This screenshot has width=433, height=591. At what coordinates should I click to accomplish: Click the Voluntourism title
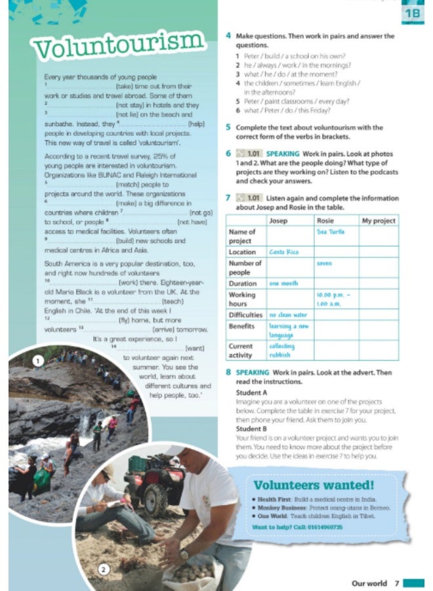pos(118,46)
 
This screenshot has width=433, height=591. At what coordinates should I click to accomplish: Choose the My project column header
pos(379,221)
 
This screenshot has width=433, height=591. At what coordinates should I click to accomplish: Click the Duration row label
pos(242,283)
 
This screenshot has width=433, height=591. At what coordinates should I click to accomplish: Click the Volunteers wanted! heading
pos(314,486)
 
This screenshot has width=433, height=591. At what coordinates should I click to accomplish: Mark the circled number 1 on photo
pos(39,361)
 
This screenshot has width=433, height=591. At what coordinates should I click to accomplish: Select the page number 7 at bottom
pos(396,582)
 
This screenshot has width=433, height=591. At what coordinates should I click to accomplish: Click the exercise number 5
pos(228,127)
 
